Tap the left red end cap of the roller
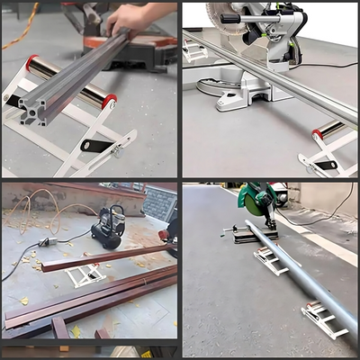[32, 63]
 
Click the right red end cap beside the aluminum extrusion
[111, 101]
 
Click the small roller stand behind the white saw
[195, 52]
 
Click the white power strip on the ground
[49, 241]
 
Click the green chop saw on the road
[261, 202]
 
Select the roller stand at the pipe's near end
[324, 319]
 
